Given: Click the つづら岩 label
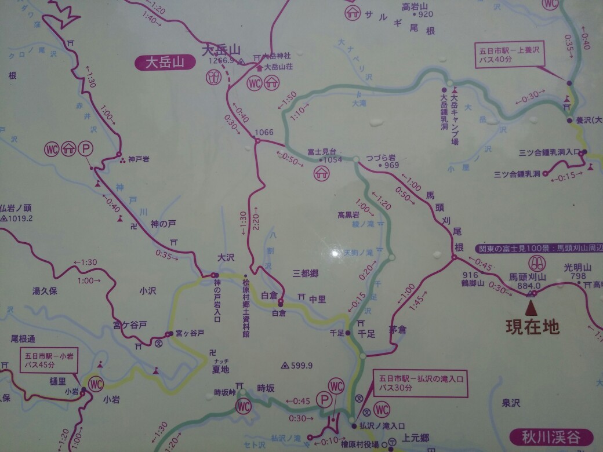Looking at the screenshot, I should [381, 158].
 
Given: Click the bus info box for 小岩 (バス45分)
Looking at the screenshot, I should [50, 359].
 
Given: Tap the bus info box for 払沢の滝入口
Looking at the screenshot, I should [420, 383].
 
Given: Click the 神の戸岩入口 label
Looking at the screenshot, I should [217, 301].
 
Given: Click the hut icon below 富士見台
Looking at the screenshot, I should [321, 172].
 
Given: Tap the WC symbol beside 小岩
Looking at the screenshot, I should [96, 383].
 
